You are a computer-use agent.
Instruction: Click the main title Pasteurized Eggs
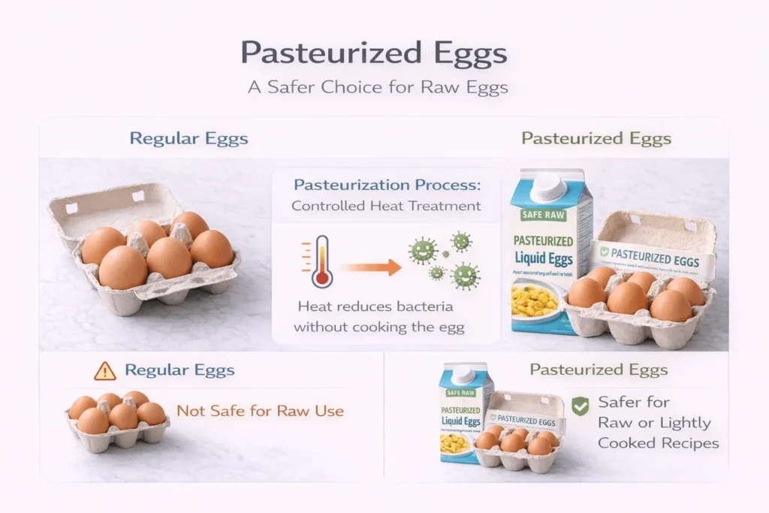click(373, 54)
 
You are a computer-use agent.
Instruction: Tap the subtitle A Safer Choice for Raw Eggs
click(378, 87)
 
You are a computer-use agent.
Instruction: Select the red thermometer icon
click(321, 261)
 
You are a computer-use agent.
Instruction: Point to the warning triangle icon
click(105, 370)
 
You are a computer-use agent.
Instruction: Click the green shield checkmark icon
click(580, 407)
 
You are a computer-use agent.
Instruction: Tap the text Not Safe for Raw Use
click(260, 411)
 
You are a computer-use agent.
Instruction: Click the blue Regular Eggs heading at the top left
click(188, 139)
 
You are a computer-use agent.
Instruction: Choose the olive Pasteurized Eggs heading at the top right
click(596, 139)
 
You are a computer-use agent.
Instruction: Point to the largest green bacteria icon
click(466, 276)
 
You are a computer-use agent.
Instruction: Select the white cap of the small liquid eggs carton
click(463, 374)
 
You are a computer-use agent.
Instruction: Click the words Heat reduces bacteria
click(375, 306)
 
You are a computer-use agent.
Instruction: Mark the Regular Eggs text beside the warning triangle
click(179, 370)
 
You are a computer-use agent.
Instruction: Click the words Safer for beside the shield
click(634, 402)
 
